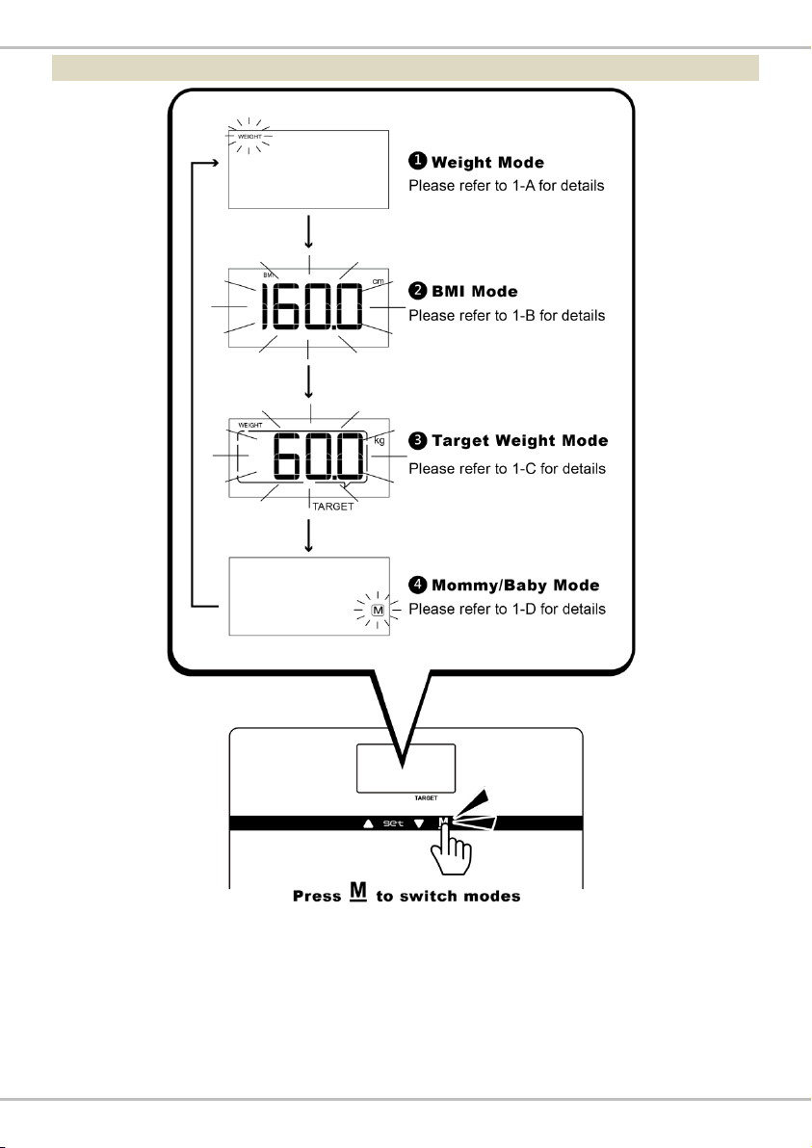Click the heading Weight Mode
point(487,163)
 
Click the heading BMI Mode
point(475,292)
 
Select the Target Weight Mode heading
point(520,441)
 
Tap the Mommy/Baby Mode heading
point(515,585)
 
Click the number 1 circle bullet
point(417,161)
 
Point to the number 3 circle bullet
point(417,440)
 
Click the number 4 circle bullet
point(417,585)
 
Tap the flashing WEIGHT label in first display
point(249,137)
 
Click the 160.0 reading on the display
point(311,306)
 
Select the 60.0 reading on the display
point(319,456)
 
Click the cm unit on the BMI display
point(378,281)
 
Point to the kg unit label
point(380,441)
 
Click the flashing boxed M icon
point(378,610)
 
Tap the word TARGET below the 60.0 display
point(333,507)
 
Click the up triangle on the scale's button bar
point(368,823)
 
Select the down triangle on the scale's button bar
point(419,823)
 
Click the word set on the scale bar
point(393,823)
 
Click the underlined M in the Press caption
point(358,891)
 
